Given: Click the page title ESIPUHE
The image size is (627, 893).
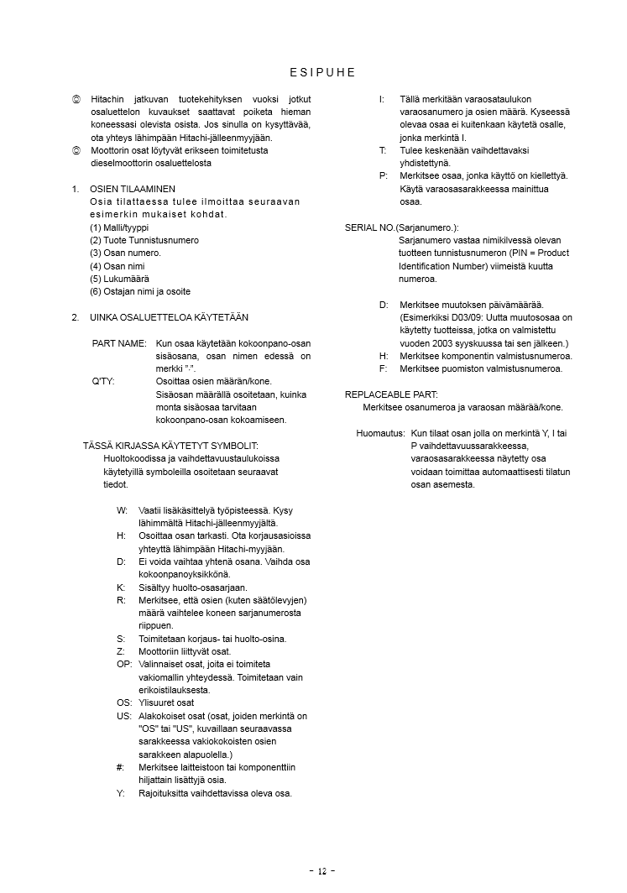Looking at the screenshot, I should (x=321, y=72).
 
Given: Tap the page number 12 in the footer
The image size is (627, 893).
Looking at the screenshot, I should (x=321, y=871).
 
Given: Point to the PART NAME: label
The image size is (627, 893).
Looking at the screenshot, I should (x=119, y=344).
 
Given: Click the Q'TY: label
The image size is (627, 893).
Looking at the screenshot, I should (x=103, y=382).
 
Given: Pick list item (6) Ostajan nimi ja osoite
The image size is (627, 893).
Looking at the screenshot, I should (x=140, y=291).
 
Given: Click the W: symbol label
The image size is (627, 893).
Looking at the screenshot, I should (x=122, y=510).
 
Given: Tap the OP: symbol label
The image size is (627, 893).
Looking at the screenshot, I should (x=123, y=664).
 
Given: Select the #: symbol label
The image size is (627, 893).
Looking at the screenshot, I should (x=121, y=767).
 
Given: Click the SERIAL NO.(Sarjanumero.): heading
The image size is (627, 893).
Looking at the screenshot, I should (x=402, y=227).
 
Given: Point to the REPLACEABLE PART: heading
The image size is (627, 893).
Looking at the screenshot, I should (x=391, y=394).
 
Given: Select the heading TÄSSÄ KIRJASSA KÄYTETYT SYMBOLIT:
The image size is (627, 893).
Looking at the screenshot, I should (x=171, y=446).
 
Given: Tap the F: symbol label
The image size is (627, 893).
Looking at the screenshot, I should (x=383, y=368).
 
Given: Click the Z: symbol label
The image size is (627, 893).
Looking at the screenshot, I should (x=121, y=651).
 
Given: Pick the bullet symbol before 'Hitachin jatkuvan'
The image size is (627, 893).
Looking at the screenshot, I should (x=76, y=99).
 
